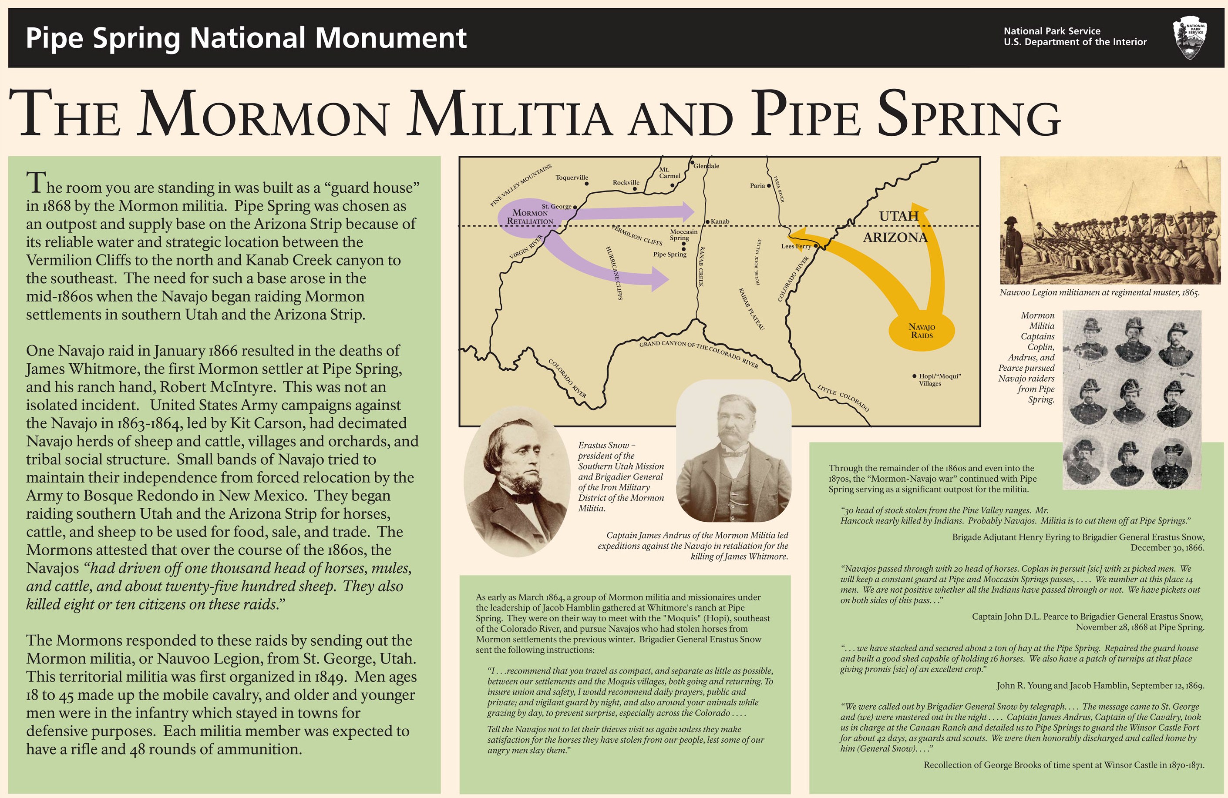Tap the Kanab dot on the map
point(707,221)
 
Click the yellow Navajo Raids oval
point(922,331)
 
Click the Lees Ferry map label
point(796,247)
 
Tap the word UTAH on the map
point(899,216)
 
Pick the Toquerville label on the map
point(571,178)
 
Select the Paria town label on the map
point(757,186)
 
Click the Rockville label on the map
point(626,183)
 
